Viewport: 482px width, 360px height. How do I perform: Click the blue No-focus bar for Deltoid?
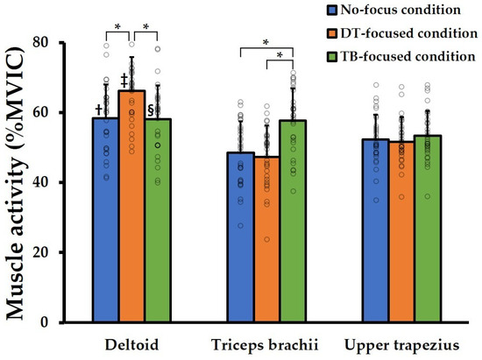click(x=105, y=220)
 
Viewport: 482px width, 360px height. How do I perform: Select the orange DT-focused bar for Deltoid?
click(x=131, y=206)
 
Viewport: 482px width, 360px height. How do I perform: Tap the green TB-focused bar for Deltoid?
click(x=158, y=221)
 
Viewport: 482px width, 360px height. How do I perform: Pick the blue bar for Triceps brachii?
click(x=241, y=237)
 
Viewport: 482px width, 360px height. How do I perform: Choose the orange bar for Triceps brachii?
click(x=266, y=240)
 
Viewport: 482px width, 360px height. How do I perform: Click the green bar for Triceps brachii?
click(x=293, y=221)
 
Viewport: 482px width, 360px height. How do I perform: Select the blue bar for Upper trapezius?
click(x=376, y=230)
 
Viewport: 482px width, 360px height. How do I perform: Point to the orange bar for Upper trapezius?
click(x=401, y=232)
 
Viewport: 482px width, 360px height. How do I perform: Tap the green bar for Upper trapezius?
click(x=428, y=229)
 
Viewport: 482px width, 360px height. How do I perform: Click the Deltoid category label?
click(x=132, y=345)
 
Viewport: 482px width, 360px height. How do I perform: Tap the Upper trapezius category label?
click(x=402, y=346)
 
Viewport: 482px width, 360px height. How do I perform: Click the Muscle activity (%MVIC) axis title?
click(x=16, y=183)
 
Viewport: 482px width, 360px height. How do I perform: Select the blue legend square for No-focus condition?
click(x=332, y=10)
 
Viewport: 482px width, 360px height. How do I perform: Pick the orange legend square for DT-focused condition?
click(x=332, y=33)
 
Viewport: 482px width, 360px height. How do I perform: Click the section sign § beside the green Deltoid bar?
click(x=151, y=110)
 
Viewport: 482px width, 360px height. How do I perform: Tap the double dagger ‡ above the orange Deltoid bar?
click(x=124, y=81)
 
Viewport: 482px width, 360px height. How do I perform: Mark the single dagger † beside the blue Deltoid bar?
click(x=99, y=109)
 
